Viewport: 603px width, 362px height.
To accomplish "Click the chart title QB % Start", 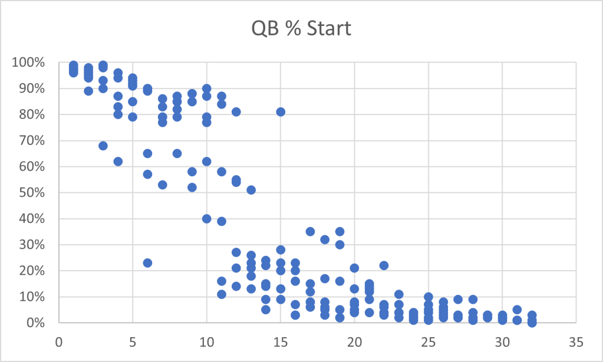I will (x=301, y=28).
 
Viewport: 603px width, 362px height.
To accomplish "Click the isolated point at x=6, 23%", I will (x=147, y=263).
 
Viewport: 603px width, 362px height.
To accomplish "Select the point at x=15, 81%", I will (x=281, y=111).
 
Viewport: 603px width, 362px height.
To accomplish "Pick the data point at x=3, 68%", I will (x=103, y=146).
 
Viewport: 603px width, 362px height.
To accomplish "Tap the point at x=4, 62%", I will (x=118, y=162).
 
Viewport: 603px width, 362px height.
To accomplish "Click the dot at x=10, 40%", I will (x=207, y=219).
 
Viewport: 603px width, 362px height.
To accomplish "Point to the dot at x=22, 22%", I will (x=384, y=265).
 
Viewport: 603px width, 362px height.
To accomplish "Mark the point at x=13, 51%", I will (x=251, y=190).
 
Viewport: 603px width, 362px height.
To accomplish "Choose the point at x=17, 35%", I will (x=310, y=232).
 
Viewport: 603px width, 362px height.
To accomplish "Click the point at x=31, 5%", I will (x=517, y=310).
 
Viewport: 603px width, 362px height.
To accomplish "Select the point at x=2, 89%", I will (x=88, y=91).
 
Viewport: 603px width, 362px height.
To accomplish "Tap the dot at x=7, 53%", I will (x=163, y=185).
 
